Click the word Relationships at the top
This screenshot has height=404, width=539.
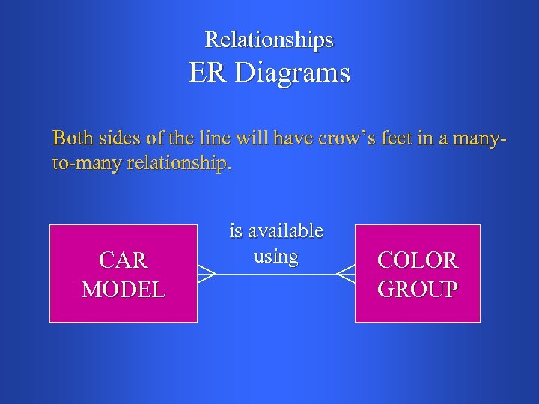click(269, 40)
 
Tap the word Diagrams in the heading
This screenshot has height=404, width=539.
click(292, 73)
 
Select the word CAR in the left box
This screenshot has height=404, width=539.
click(124, 260)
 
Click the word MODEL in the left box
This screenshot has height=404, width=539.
click(124, 289)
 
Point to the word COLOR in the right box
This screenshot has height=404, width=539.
click(418, 260)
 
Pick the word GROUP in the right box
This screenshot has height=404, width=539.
click(418, 289)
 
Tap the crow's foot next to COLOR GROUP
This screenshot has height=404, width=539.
click(345, 275)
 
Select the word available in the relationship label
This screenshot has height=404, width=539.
click(284, 231)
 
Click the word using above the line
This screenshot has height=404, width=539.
click(276, 256)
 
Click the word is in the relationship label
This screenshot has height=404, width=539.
click(236, 231)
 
